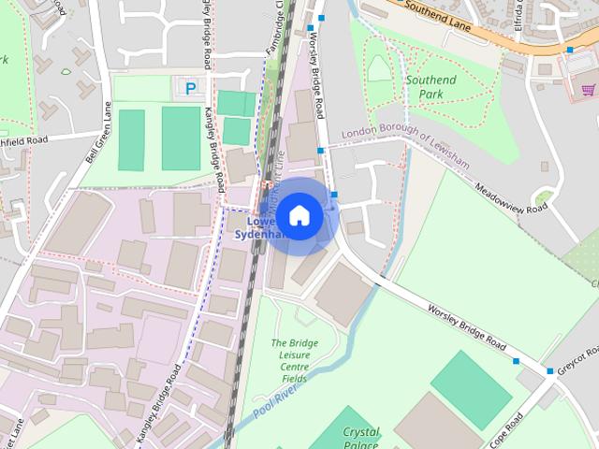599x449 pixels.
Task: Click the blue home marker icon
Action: pos(299,216)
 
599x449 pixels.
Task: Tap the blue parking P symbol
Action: pos(191,89)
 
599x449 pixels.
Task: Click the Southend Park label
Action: pos(431,87)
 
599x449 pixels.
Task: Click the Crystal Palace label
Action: pos(359,439)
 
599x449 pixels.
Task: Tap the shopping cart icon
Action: pos(588,90)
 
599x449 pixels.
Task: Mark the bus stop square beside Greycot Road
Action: pos(550,371)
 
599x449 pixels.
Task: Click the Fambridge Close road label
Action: pos(277,33)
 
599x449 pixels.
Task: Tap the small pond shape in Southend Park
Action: pos(377,67)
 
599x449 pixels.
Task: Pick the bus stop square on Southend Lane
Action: pos(569,50)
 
